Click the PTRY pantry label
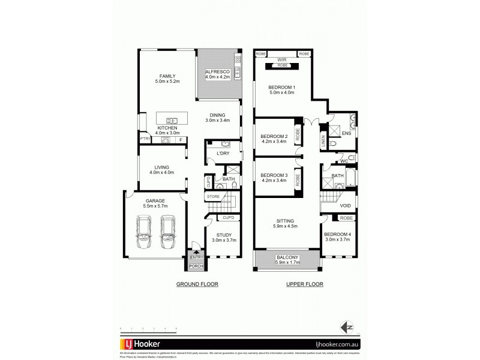tap(144, 139)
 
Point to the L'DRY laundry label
tap(223, 154)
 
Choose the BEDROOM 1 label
tap(282, 87)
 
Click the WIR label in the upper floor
tap(282, 59)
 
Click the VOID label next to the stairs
tap(345, 206)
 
